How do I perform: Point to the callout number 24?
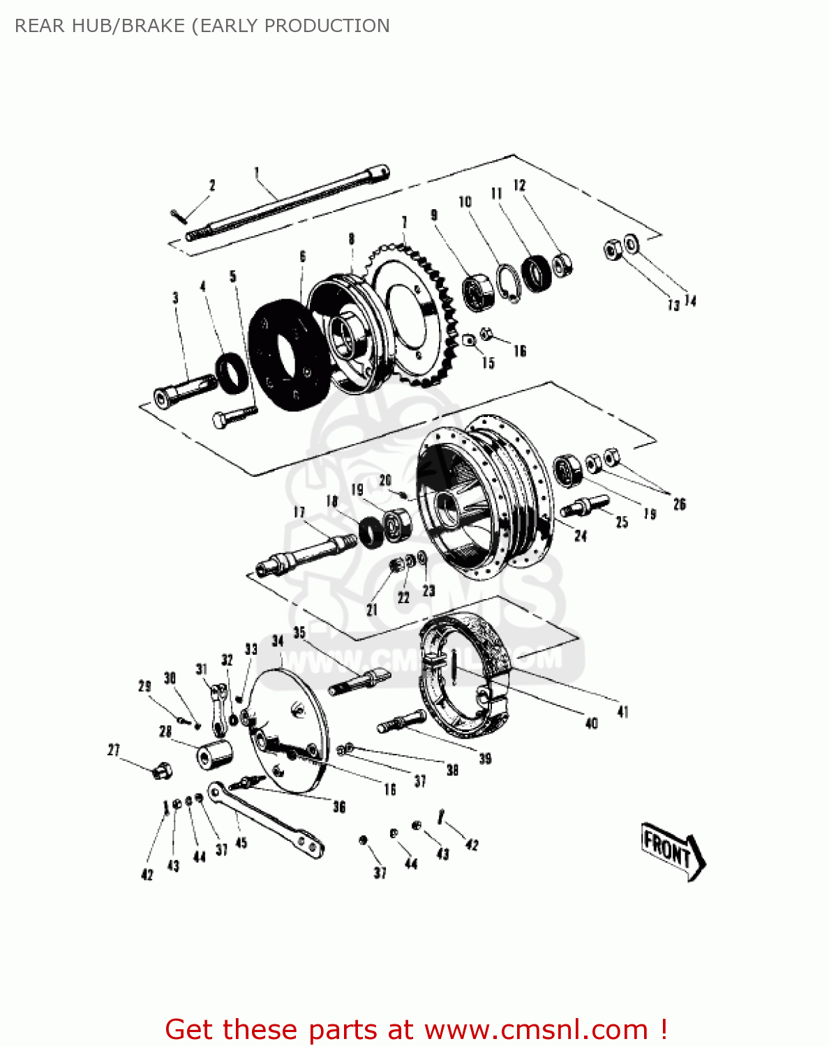tap(581, 536)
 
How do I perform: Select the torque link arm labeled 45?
tap(265, 819)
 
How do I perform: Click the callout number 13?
tap(673, 305)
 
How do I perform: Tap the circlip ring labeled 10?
tap(510, 283)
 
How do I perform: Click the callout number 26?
tap(679, 503)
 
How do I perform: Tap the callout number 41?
tap(622, 711)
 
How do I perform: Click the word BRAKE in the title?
tap(153, 26)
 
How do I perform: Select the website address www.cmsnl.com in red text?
tap(537, 1029)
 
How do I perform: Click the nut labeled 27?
tap(162, 771)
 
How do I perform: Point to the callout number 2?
tap(212, 185)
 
